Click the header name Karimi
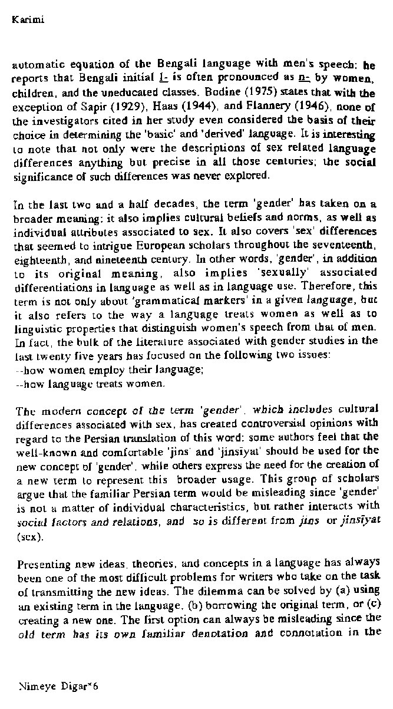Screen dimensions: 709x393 click(28, 21)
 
